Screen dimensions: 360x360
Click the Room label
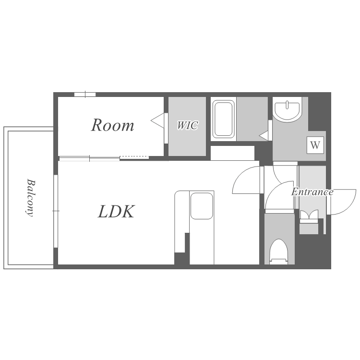coord(112,125)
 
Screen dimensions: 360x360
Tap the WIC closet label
coord(187,125)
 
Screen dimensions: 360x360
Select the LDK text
coord(116,212)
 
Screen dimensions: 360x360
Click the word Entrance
coord(312,192)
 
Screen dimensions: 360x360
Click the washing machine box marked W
coord(315,145)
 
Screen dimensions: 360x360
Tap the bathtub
coord(223,119)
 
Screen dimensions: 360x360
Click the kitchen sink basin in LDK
coord(202,206)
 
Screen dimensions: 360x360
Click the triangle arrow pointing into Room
coord(157,120)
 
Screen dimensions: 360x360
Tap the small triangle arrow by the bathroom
coord(264,136)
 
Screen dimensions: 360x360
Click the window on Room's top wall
coord(85,95)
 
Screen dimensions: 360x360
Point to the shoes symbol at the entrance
coord(309,215)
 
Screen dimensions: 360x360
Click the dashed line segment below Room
coord(134,157)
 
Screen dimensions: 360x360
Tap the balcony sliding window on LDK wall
coord(56,211)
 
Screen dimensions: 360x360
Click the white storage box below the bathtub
coord(233,153)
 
